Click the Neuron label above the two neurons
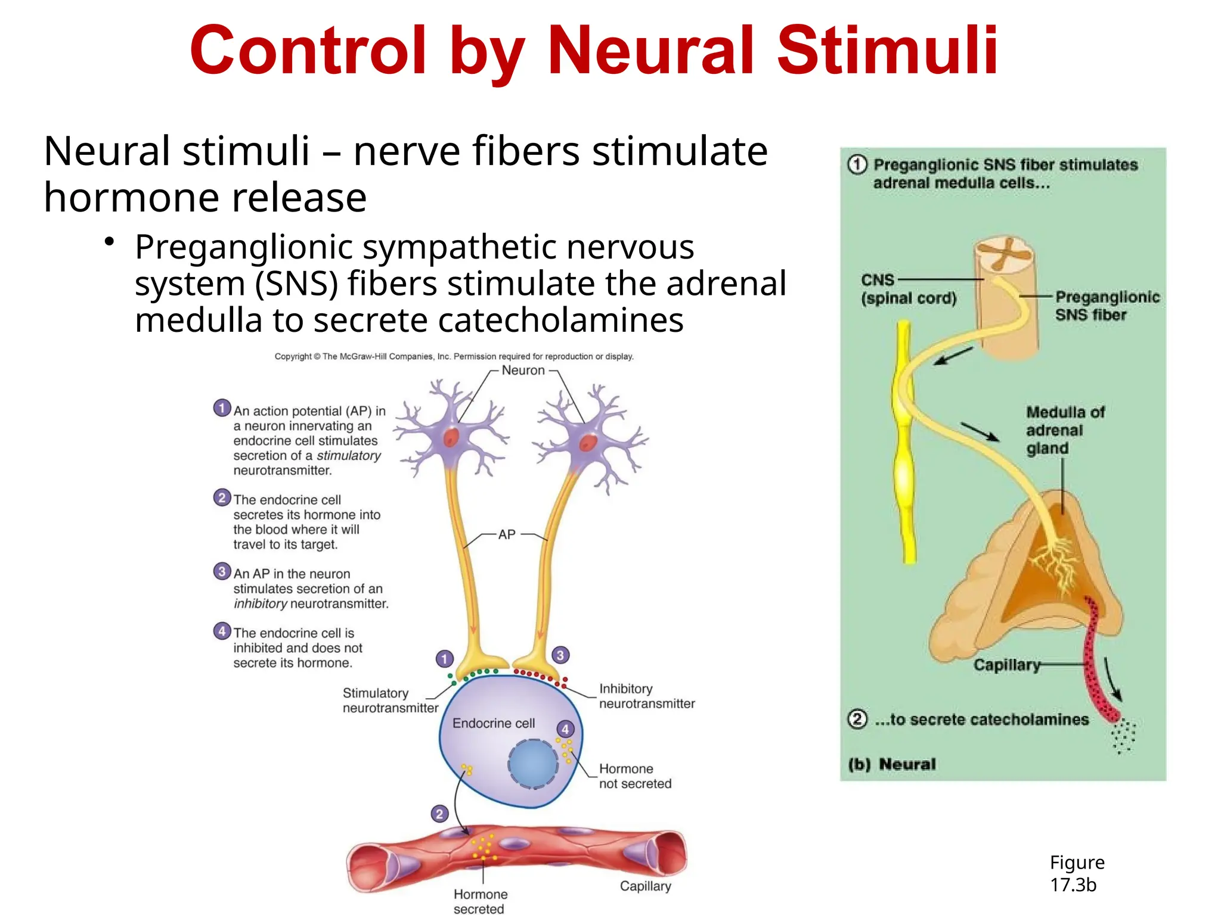click(x=523, y=371)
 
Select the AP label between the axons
click(x=507, y=534)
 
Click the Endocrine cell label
click(x=494, y=723)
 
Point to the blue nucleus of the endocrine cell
click(x=533, y=763)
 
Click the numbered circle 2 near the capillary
click(x=439, y=814)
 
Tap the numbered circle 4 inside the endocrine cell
click(x=565, y=729)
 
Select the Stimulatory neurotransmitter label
click(x=390, y=701)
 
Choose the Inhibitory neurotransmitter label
click(x=646, y=696)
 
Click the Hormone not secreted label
click(x=634, y=776)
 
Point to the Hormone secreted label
click(x=480, y=901)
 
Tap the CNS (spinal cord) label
click(x=908, y=289)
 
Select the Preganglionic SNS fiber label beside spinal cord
click(x=1107, y=306)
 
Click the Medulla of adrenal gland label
click(x=1064, y=430)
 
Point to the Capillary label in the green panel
click(x=1006, y=665)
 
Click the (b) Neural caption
click(x=891, y=764)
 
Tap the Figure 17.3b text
click(x=1076, y=873)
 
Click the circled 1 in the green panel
click(x=857, y=164)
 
